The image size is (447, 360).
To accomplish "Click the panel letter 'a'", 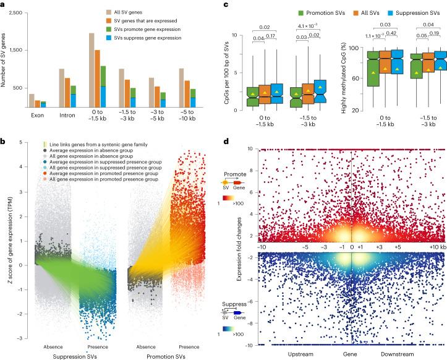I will [x=3, y=4].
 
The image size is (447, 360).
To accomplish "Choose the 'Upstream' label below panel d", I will [x=305, y=356].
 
